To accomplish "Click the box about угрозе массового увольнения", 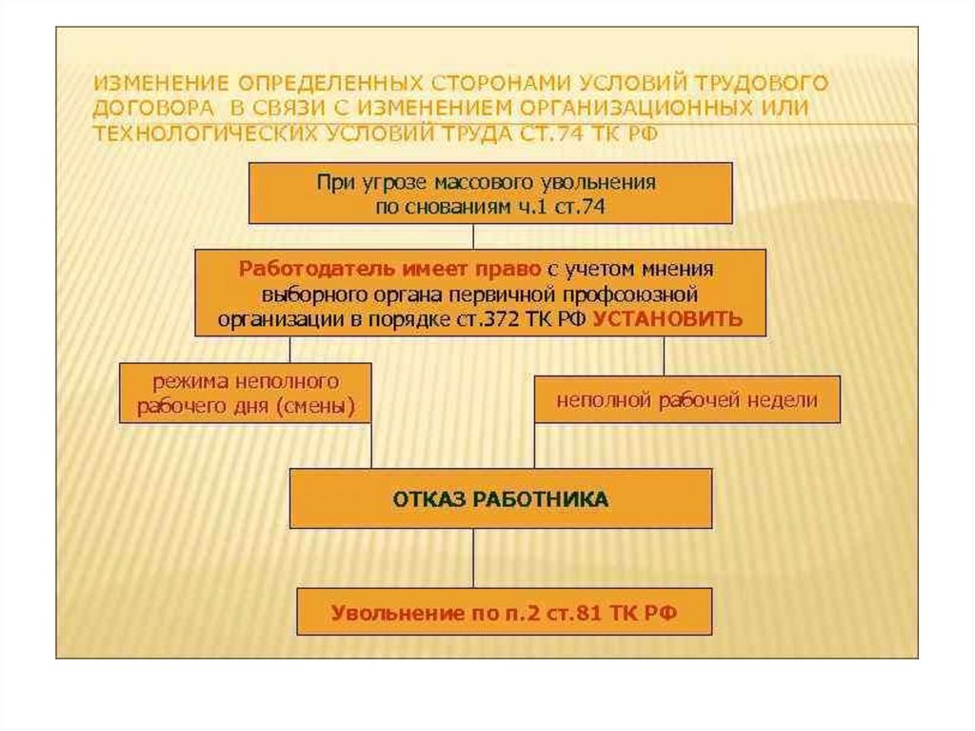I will (490, 193).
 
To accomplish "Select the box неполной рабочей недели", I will (687, 400).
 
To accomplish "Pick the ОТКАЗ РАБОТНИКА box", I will (500, 498).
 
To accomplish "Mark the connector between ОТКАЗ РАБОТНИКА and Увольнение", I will (474, 558).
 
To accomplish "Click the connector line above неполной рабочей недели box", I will (664, 356).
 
